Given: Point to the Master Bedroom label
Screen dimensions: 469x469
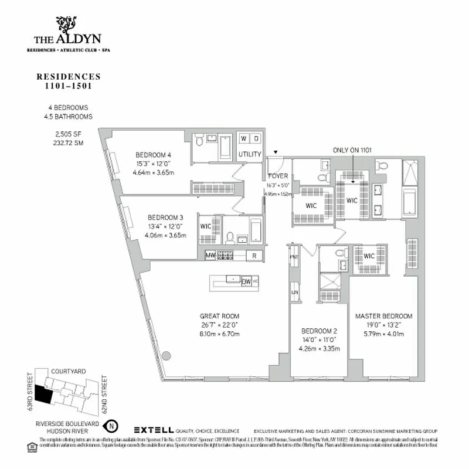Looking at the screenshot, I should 383,315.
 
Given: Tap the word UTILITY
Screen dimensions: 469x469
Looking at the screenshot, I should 250,155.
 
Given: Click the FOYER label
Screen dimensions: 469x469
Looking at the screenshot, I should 278,175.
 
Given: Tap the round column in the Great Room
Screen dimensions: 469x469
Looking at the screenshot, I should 166,355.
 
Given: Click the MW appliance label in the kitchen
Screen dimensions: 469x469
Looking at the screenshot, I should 210,256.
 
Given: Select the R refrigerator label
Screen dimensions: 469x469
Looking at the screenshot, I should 254,256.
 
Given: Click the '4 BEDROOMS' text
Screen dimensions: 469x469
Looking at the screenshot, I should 69,108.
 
